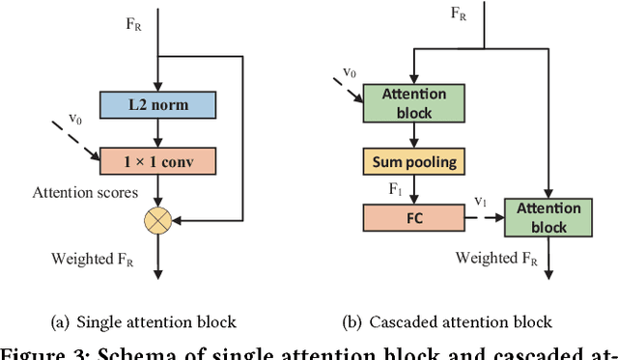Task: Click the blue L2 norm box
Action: point(156,105)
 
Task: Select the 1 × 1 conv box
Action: point(156,159)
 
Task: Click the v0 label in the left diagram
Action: point(74,118)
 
